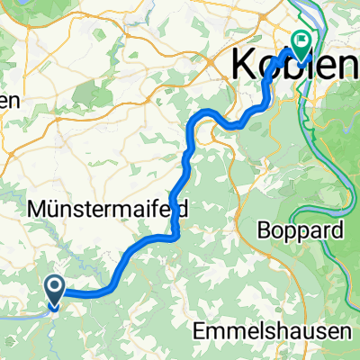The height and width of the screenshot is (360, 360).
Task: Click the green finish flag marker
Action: coord(300,40)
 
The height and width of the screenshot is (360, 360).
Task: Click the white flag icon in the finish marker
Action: coord(300,39)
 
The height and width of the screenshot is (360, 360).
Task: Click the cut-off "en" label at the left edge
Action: coord(9,101)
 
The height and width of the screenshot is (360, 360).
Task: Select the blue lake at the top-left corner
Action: coord(7,7)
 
